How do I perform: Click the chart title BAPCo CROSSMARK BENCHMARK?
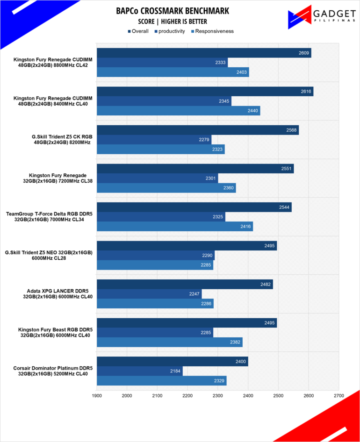(x=173, y=11)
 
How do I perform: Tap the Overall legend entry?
(x=138, y=31)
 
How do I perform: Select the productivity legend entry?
(x=170, y=31)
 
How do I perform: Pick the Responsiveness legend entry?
(x=212, y=31)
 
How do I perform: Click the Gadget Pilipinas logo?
(x=321, y=17)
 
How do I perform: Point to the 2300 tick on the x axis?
(x=218, y=395)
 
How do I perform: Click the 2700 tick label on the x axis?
(x=339, y=395)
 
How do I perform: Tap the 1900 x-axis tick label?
(x=97, y=395)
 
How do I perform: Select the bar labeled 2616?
(x=205, y=91)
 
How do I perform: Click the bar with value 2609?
(x=204, y=53)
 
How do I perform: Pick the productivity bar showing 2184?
(x=140, y=371)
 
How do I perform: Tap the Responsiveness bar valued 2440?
(x=179, y=111)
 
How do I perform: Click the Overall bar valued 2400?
(x=173, y=361)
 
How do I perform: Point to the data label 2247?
(x=194, y=294)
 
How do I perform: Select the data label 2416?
(x=245, y=226)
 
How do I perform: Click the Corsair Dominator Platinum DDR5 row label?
(x=53, y=371)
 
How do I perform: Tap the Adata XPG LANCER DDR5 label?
(x=58, y=294)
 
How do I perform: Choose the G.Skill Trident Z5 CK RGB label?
(x=62, y=140)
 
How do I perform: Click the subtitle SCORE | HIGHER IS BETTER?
(x=173, y=21)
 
